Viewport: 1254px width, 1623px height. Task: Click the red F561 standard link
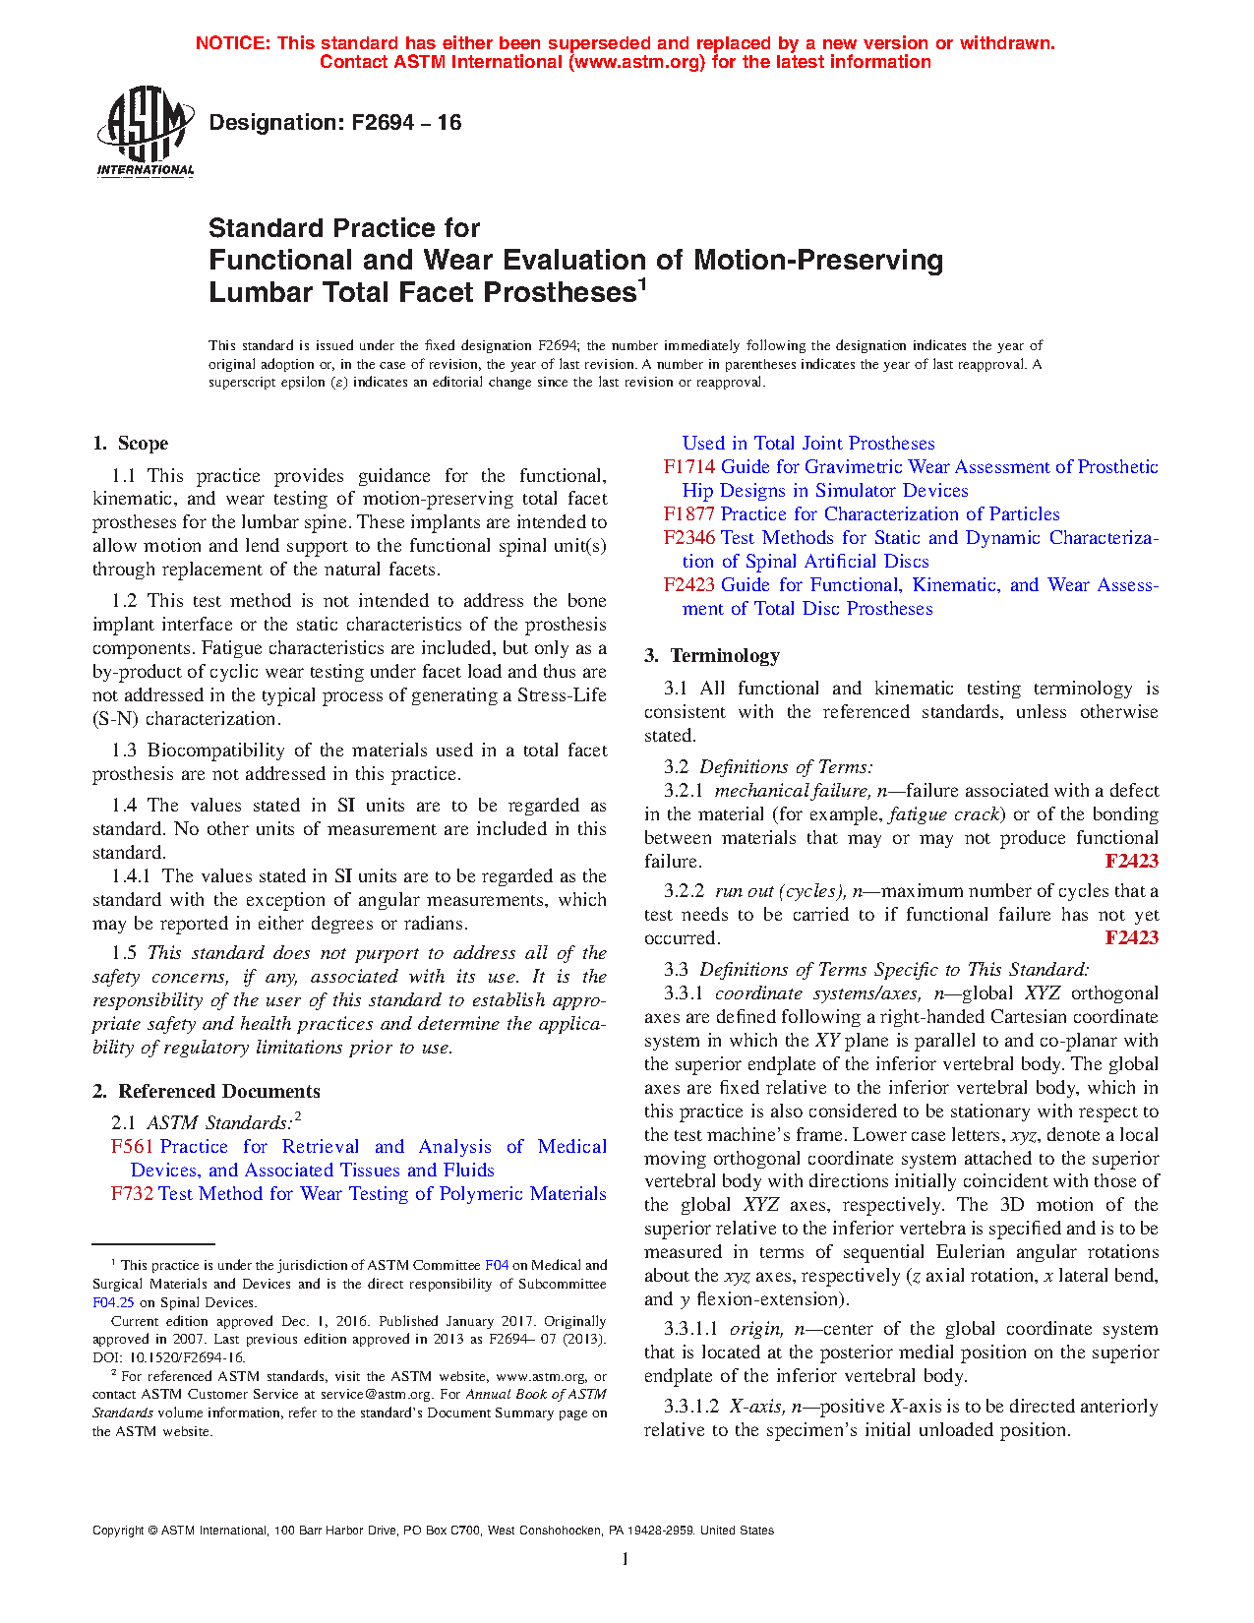tap(132, 1146)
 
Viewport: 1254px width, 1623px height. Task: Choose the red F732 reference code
tap(132, 1193)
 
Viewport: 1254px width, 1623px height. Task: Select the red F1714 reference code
tap(688, 466)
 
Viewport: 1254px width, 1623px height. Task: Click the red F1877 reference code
tap(688, 513)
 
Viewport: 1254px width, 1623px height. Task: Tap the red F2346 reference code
tap(688, 537)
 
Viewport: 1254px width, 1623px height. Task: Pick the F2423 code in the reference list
tap(688, 584)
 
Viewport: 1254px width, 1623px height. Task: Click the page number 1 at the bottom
tap(626, 1558)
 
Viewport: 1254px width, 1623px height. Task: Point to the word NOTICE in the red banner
tap(232, 43)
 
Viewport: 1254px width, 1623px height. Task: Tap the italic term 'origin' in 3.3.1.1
tap(753, 1328)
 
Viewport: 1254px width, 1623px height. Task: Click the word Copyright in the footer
tap(117, 1531)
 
